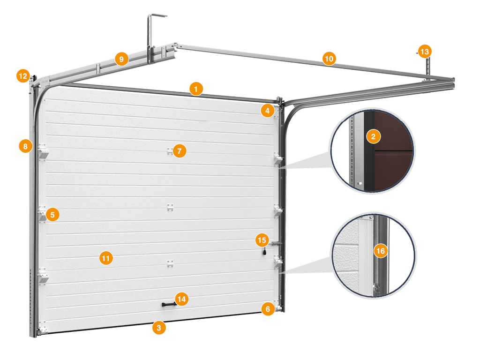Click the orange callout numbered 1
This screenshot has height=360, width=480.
(196, 89)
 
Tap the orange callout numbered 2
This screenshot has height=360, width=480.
(373, 136)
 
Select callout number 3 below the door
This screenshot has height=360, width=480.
(159, 328)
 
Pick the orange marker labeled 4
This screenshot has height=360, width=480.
(268, 111)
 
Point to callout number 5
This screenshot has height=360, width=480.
(52, 215)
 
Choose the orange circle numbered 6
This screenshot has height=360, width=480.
(268, 309)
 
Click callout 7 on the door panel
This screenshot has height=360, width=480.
(180, 151)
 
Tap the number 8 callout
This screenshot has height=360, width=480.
(25, 146)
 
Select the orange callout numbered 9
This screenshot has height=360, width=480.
(121, 59)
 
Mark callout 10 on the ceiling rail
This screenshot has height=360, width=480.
(329, 59)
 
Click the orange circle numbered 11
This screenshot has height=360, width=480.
(106, 258)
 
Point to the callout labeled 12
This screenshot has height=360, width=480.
(23, 76)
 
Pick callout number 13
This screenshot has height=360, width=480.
(425, 52)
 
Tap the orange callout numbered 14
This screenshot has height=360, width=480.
(181, 299)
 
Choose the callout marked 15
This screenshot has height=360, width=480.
(262, 240)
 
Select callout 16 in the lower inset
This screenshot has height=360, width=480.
(381, 251)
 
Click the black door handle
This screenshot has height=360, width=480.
(169, 304)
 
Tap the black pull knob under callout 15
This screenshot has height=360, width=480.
(264, 252)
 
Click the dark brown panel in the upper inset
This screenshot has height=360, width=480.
(394, 150)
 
